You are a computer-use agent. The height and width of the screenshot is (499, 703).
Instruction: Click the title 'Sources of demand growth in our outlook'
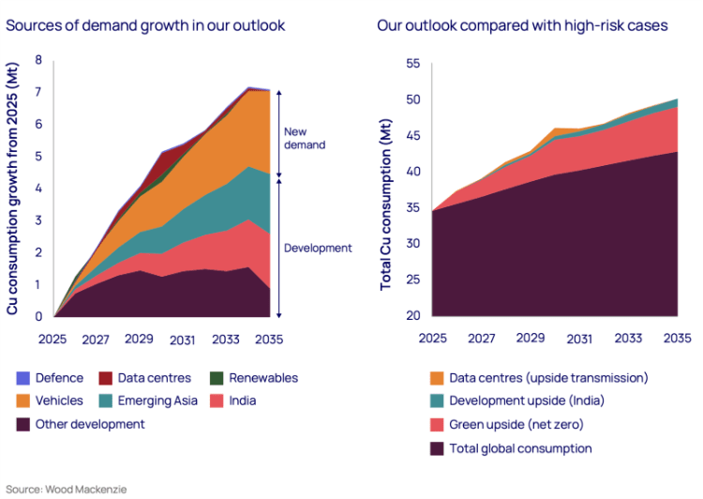pos(145,25)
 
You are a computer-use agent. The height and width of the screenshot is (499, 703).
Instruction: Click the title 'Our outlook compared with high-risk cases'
pos(522,25)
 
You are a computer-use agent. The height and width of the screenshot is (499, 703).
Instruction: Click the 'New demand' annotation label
pos(305,138)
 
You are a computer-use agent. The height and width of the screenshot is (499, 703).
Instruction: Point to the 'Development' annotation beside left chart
pos(317,249)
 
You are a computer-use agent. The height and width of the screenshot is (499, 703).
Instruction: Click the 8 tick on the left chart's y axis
pos(38,61)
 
